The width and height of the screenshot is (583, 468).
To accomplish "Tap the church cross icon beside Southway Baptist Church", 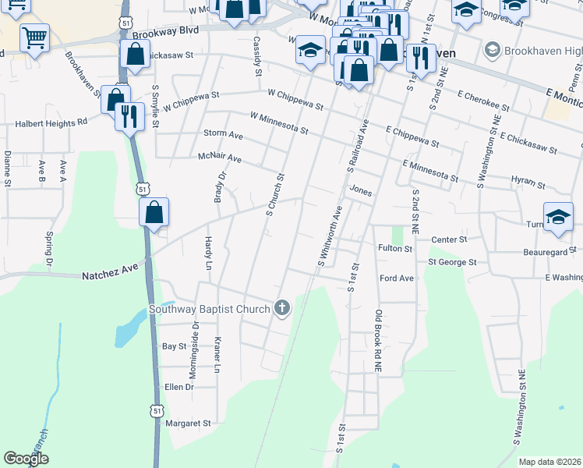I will pyautogui.click(x=281, y=309).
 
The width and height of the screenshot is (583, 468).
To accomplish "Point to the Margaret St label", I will pyautogui.click(x=189, y=424).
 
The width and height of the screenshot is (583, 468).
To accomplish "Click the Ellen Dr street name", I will pyautogui.click(x=178, y=386).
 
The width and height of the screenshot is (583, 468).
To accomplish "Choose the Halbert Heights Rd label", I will pyautogui.click(x=51, y=123).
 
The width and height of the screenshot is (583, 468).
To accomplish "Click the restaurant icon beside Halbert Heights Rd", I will pyautogui.click(x=129, y=117).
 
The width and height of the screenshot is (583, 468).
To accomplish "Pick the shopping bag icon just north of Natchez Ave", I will pyautogui.click(x=154, y=212).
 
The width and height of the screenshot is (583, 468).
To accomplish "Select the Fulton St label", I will pyautogui.click(x=395, y=249).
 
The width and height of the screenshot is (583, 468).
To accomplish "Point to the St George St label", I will pyautogui.click(x=452, y=262).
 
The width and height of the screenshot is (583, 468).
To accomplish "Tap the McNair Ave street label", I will pyautogui.click(x=220, y=159).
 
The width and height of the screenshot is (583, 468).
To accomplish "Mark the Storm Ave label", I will pyautogui.click(x=223, y=134).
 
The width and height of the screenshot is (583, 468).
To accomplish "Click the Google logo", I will pyautogui.click(x=26, y=459).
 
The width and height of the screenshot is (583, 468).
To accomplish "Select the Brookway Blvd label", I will pyautogui.click(x=165, y=32).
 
